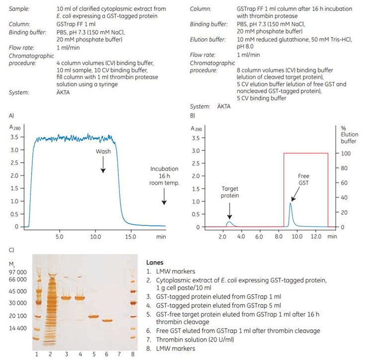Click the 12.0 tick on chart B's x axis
tap(316, 236)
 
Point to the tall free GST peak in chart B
tap(290, 204)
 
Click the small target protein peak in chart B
tap(229, 222)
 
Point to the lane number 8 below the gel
tap(133, 355)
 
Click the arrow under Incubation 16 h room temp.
tap(164, 199)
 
